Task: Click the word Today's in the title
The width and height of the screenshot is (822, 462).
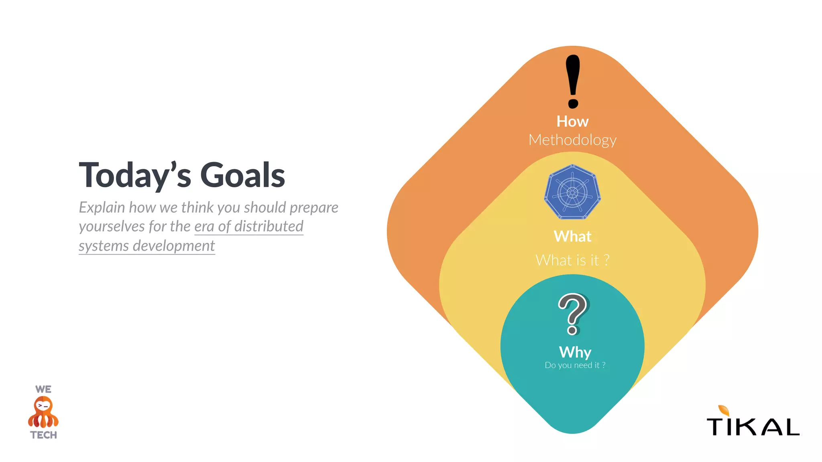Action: coord(134,175)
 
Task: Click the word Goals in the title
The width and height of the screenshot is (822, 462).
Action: coord(242,175)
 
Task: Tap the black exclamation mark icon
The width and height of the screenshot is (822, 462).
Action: coord(573,81)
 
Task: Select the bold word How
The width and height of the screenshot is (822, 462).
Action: coord(572,122)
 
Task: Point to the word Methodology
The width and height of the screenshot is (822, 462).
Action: coord(572,140)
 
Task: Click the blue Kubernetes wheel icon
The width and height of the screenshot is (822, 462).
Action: coord(572,192)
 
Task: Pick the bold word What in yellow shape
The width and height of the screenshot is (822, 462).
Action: coord(572,236)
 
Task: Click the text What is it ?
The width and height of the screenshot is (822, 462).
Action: coord(572,260)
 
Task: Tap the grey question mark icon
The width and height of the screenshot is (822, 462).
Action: coord(573,314)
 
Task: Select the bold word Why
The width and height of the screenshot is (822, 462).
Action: coord(575,352)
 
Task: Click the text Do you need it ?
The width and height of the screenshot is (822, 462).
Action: coord(575,365)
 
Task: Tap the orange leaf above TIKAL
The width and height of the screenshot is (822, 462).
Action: coord(724,410)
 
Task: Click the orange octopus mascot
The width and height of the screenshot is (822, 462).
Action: coord(43,412)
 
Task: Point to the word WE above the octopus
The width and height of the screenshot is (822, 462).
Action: coord(43,389)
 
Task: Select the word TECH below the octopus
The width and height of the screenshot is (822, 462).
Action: coord(43,435)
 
